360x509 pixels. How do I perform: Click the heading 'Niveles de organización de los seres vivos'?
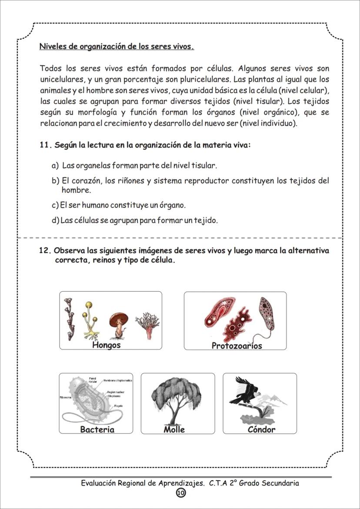pos(117,47)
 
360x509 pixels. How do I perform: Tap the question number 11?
pos(45,145)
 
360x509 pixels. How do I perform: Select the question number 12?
pos(45,251)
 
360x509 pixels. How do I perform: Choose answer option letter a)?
pos(55,166)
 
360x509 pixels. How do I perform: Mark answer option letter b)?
pos(55,181)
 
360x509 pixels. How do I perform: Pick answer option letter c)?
pos(55,205)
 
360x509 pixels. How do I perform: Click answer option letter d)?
pos(55,220)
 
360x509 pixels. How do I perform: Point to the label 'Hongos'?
pos(106,345)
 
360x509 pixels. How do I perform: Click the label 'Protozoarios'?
pos(237,346)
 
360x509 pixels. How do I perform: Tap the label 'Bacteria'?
pos(97,429)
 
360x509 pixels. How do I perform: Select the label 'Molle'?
pos(174,429)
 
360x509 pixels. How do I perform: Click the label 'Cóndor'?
pos(261,429)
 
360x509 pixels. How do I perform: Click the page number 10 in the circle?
pos(180,492)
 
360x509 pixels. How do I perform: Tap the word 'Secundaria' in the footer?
pos(279,483)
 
